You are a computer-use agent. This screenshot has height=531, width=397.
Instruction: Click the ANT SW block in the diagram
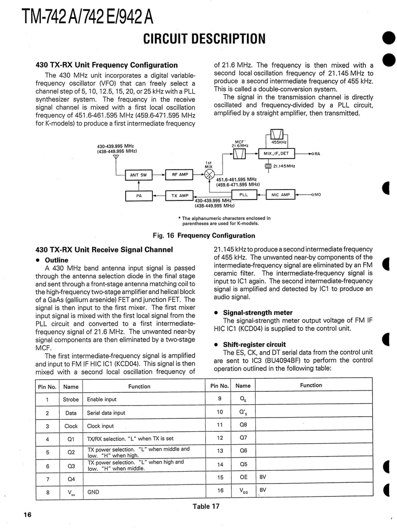pyautogui.click(x=138, y=175)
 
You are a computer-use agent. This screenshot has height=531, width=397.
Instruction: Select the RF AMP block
pyautogui.click(x=180, y=175)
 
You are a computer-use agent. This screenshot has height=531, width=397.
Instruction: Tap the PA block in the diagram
pyautogui.click(x=139, y=195)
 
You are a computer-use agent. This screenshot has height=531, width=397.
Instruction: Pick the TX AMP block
pyautogui.click(x=179, y=195)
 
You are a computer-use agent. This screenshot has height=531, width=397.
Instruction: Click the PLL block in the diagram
pyautogui.click(x=244, y=195)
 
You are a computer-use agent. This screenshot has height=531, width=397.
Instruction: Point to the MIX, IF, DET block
pyautogui.click(x=276, y=153)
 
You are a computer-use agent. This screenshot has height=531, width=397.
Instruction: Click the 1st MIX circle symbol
pyautogui.click(x=209, y=174)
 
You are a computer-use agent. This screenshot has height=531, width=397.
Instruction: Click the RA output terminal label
pyautogui.click(x=318, y=154)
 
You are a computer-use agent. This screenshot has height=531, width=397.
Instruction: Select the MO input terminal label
pyautogui.click(x=318, y=195)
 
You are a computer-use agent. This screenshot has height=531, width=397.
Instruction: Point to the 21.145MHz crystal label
pyautogui.click(x=284, y=166)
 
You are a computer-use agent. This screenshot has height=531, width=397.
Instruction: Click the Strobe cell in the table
pyautogui.click(x=71, y=399)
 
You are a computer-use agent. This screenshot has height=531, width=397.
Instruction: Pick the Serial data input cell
pyautogui.click(x=106, y=413)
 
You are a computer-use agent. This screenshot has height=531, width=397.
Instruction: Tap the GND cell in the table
pyautogui.click(x=93, y=492)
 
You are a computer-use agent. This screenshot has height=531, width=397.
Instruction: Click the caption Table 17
pyautogui.click(x=206, y=506)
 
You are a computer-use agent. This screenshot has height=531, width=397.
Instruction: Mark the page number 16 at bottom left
pyautogui.click(x=28, y=515)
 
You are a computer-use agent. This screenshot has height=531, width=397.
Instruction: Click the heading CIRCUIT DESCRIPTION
pyautogui.click(x=205, y=39)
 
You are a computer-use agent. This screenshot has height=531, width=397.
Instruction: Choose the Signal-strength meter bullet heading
pyautogui.click(x=258, y=312)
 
